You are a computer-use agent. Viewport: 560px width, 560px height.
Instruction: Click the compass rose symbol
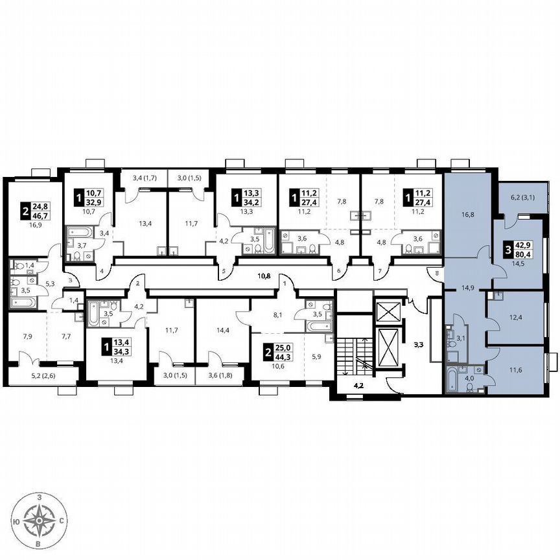pos(40,520)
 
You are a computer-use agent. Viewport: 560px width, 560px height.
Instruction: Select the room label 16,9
pos(28,227)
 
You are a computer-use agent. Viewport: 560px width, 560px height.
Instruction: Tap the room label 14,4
pos(222,329)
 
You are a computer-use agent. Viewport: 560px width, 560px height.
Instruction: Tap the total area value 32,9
pos(95,202)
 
